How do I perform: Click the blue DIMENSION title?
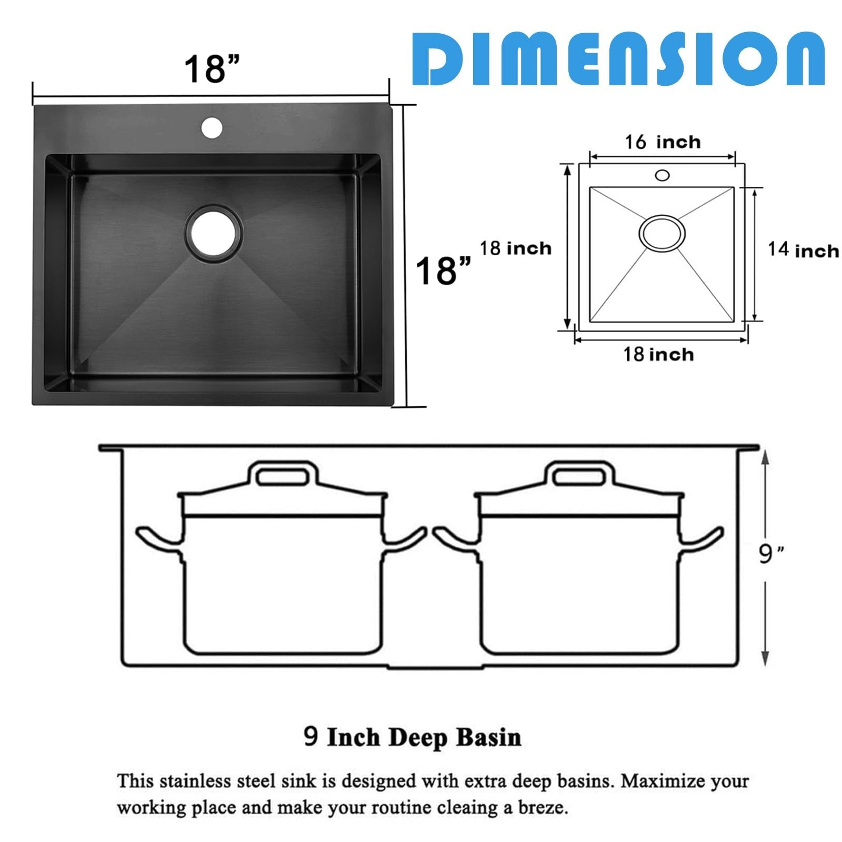pyautogui.click(x=618, y=58)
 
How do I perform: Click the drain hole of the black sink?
pyautogui.click(x=214, y=234)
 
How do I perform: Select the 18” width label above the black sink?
pyautogui.click(x=212, y=68)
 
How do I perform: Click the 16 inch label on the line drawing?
pyautogui.click(x=663, y=142)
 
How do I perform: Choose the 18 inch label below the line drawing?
pyautogui.click(x=658, y=354)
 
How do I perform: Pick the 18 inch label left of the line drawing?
pyautogui.click(x=516, y=248)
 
